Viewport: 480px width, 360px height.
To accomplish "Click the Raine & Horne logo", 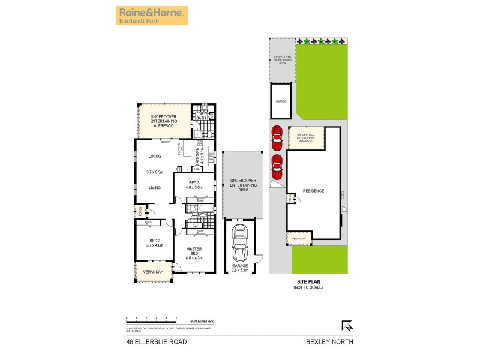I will coord(151,15).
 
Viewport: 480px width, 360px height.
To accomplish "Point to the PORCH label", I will coord(137,212).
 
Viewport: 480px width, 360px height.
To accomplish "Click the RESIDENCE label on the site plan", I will coord(313,191).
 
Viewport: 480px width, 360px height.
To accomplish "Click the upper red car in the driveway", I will coord(277,139).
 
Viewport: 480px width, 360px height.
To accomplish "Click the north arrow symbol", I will coord(346,326).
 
